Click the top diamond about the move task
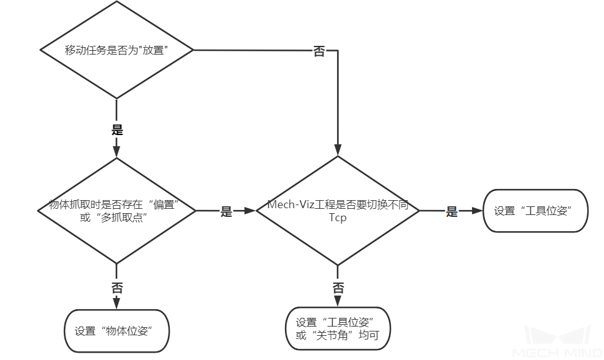coord(116,50)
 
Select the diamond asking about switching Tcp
coord(338,211)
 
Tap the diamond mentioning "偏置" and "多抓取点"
coord(116,211)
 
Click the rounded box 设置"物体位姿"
coord(116,331)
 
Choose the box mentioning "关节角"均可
coord(338,329)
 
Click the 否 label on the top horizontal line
coord(319,51)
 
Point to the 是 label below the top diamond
coord(116,130)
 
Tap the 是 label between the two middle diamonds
coord(226,212)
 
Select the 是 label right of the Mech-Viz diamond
coord(452,212)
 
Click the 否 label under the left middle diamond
coord(116,288)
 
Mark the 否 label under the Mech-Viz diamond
coord(338,288)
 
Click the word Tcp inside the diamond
coord(338,218)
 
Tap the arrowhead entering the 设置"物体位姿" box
coord(116,304)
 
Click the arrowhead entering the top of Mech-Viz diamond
coord(338,149)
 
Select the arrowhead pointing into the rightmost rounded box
coord(478,211)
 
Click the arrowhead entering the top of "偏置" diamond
coord(116,152)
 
